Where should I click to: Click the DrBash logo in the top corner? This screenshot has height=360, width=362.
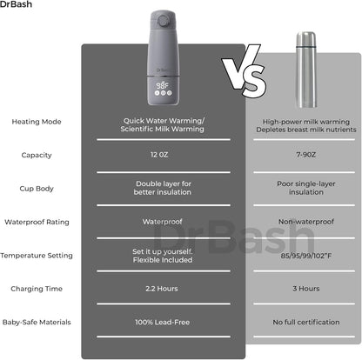(16, 4)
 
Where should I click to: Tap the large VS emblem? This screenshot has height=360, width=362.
(245, 71)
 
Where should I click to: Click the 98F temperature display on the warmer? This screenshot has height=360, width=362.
(162, 85)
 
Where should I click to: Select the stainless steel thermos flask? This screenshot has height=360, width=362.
(306, 70)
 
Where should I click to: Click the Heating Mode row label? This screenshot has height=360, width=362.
(37, 122)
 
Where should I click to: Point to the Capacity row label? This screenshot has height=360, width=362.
(37, 155)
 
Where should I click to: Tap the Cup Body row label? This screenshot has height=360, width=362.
(37, 189)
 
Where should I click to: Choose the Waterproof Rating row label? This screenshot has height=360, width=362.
(37, 222)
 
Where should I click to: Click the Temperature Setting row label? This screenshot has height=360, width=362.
(37, 256)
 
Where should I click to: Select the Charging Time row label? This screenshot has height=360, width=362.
(37, 289)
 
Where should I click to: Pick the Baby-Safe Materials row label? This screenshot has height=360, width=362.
(37, 323)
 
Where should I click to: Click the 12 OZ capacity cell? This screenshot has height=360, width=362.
(159, 155)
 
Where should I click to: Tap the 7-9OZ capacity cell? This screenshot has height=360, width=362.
(306, 155)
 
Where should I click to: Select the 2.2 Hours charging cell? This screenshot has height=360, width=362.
(162, 289)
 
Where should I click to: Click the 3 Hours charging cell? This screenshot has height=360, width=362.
(306, 289)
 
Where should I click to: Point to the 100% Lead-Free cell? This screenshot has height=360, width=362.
(162, 323)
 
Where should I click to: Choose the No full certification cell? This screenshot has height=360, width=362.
(306, 323)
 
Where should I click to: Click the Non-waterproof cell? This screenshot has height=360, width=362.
(306, 222)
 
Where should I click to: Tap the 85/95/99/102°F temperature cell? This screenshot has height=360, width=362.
(306, 256)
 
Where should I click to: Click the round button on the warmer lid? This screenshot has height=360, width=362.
(163, 21)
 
